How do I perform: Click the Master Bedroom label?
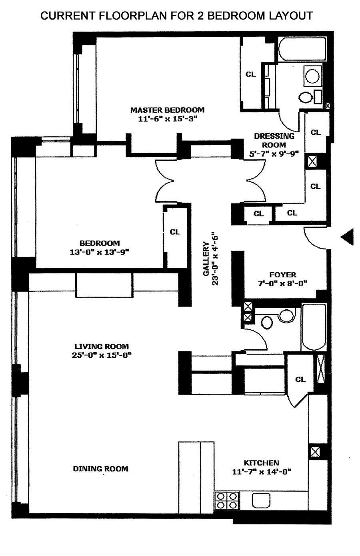pos(167,110)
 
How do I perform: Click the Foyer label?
pos(283,275)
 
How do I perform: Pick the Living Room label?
pos(102,346)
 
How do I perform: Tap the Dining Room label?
pos(100,468)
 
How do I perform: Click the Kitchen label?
pos(262,462)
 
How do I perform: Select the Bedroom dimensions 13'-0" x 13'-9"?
pos(100,252)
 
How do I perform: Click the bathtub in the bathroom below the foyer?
pos(314,327)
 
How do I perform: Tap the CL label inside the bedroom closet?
pos(175,232)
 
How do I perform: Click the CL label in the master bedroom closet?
pos(250,74)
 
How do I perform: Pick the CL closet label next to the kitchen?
pos(300,379)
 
